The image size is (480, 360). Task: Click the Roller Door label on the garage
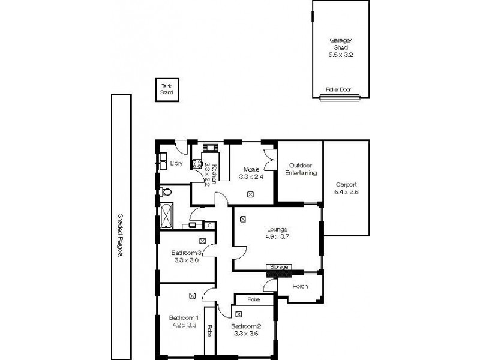pyautogui.click(x=338, y=89)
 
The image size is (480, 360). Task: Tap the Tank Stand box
pyautogui.click(x=166, y=90)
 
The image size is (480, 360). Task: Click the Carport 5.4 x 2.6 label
pyautogui.click(x=346, y=188)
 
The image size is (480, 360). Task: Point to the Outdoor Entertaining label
pyautogui.click(x=302, y=169)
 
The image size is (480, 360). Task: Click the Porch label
pyautogui.click(x=300, y=286)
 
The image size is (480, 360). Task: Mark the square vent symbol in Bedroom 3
pyautogui.click(x=203, y=241)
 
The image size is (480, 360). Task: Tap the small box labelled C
pyautogui.click(x=209, y=225)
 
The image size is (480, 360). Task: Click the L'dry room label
pyautogui.click(x=176, y=163)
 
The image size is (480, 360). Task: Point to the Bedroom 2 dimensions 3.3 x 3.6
pyautogui.click(x=246, y=334)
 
